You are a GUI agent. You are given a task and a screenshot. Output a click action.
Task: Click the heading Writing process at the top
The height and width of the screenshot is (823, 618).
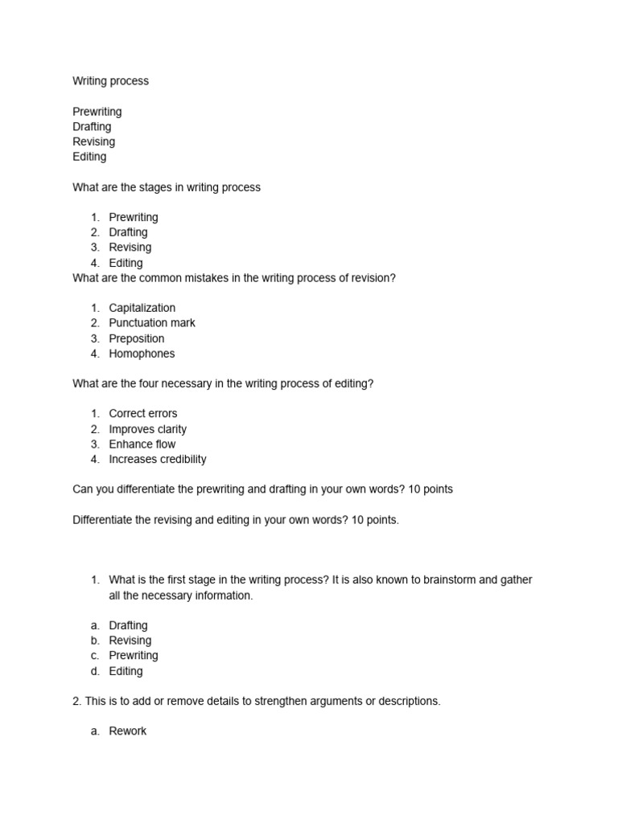point(110,81)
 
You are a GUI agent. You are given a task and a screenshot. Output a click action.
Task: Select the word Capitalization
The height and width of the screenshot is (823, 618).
point(142,308)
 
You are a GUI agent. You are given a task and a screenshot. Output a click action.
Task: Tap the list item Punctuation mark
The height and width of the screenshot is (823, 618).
point(152,323)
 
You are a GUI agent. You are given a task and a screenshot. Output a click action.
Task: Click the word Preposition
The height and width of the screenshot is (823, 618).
point(136,338)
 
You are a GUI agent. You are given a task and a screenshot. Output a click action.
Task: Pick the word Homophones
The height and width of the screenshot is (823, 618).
point(142,354)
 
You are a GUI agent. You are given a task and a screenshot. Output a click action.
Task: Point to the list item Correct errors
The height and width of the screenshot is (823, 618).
point(143,414)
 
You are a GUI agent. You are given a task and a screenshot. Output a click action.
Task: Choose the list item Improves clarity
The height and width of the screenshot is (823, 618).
point(147,429)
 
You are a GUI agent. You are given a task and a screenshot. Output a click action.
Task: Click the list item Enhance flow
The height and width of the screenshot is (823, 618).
point(142,444)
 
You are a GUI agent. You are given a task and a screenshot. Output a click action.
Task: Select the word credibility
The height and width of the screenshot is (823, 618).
point(178,460)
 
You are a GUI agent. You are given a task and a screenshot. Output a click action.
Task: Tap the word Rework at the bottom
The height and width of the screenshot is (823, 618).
point(128,731)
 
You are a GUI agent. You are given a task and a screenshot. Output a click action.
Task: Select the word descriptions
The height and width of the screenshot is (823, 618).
point(403,702)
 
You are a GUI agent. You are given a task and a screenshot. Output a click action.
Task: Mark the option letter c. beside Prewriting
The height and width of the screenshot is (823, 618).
point(95,656)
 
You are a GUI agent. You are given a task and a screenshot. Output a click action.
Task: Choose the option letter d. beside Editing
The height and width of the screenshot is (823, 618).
point(95,671)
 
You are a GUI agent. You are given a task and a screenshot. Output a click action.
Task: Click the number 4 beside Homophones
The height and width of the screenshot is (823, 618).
point(95,354)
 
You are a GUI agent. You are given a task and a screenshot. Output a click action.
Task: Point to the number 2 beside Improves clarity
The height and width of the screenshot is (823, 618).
point(95,429)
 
